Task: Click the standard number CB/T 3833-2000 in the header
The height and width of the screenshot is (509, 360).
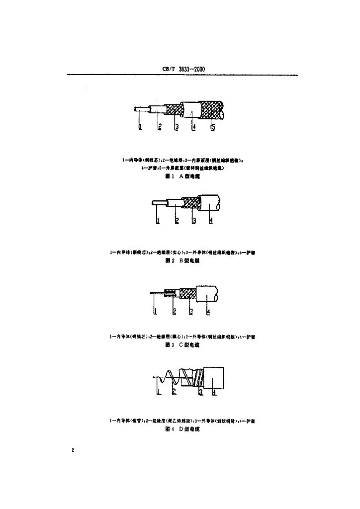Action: tap(184, 69)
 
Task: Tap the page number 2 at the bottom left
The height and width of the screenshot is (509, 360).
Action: tap(73, 450)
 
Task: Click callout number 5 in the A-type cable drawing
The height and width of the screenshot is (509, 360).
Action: tap(212, 127)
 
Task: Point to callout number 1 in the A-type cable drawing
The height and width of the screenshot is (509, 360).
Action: tap(140, 127)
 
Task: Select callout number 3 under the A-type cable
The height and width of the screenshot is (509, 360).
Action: tap(177, 127)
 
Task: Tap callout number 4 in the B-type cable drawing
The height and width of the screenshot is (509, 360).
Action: tap(211, 221)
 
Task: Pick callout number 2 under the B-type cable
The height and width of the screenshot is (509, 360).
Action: tap(177, 221)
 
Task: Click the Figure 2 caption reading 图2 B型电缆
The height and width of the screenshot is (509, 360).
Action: tap(182, 260)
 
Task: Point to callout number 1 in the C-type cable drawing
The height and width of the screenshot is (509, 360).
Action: tap(155, 312)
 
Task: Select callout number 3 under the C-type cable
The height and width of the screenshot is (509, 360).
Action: tap(190, 312)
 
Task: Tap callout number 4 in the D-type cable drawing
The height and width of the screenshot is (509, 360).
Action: tap(214, 393)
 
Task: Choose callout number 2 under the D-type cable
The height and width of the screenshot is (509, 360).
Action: tap(174, 393)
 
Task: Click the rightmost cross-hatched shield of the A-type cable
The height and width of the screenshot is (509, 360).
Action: tap(212, 110)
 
